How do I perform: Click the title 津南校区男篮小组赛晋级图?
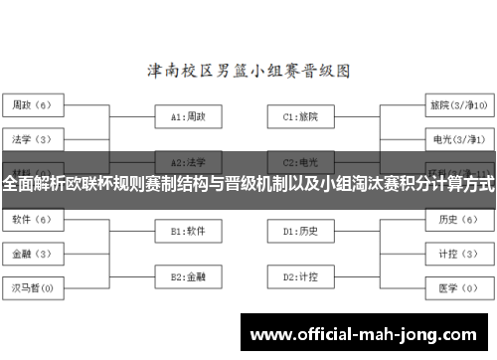point(248,72)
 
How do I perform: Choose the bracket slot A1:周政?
point(188,116)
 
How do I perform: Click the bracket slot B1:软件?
point(188,231)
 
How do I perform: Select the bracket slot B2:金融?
point(188,275)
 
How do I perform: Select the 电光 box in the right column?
point(458,138)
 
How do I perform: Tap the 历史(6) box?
point(458,218)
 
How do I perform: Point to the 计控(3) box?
point(458,253)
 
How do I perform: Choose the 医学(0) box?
point(458,288)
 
